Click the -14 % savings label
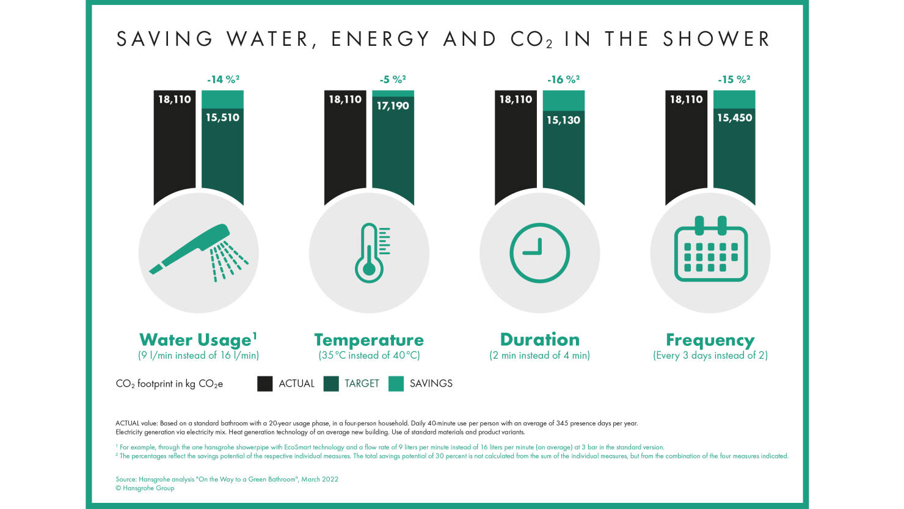tap(223, 79)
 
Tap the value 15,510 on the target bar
tap(222, 117)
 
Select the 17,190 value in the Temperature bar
tap(393, 106)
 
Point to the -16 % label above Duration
tap(563, 79)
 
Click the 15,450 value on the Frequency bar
tap(734, 117)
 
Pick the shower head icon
tap(199, 252)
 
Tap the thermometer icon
tap(370, 252)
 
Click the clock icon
tap(539, 252)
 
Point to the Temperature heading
tap(369, 340)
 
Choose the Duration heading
tap(539, 340)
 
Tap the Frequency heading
tap(710, 340)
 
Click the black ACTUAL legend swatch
tap(264, 384)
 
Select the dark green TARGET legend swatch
tap(331, 384)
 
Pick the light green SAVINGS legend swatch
tap(396, 384)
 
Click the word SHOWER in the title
tap(716, 39)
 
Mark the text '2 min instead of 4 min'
tap(539, 356)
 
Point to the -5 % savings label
tap(393, 79)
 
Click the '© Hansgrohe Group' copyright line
tap(145, 488)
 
